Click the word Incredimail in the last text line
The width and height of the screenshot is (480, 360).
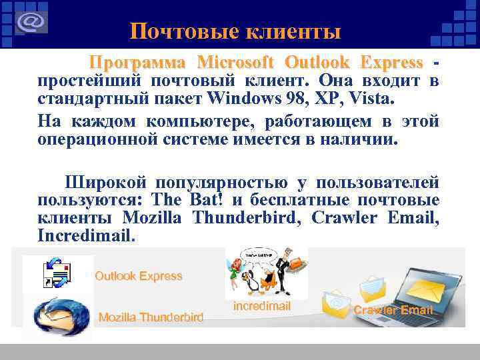[x=86, y=236]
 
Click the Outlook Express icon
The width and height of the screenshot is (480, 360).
[x=57, y=274]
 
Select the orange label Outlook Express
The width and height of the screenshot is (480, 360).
[x=138, y=276]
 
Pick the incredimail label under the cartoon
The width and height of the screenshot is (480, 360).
[x=262, y=306]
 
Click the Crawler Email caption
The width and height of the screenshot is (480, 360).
[x=393, y=310]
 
